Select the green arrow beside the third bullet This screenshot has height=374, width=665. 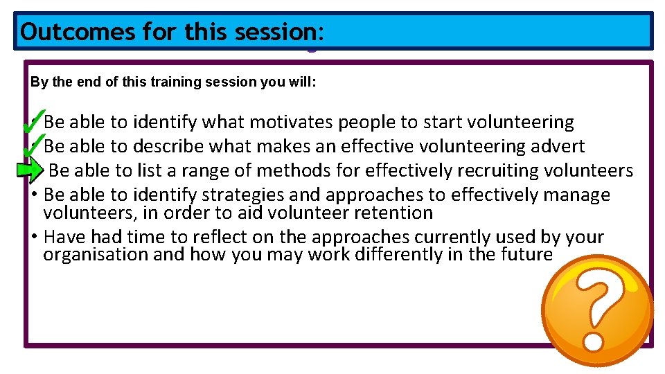[x=28, y=169]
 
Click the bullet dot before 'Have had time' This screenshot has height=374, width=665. [x=35, y=237]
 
